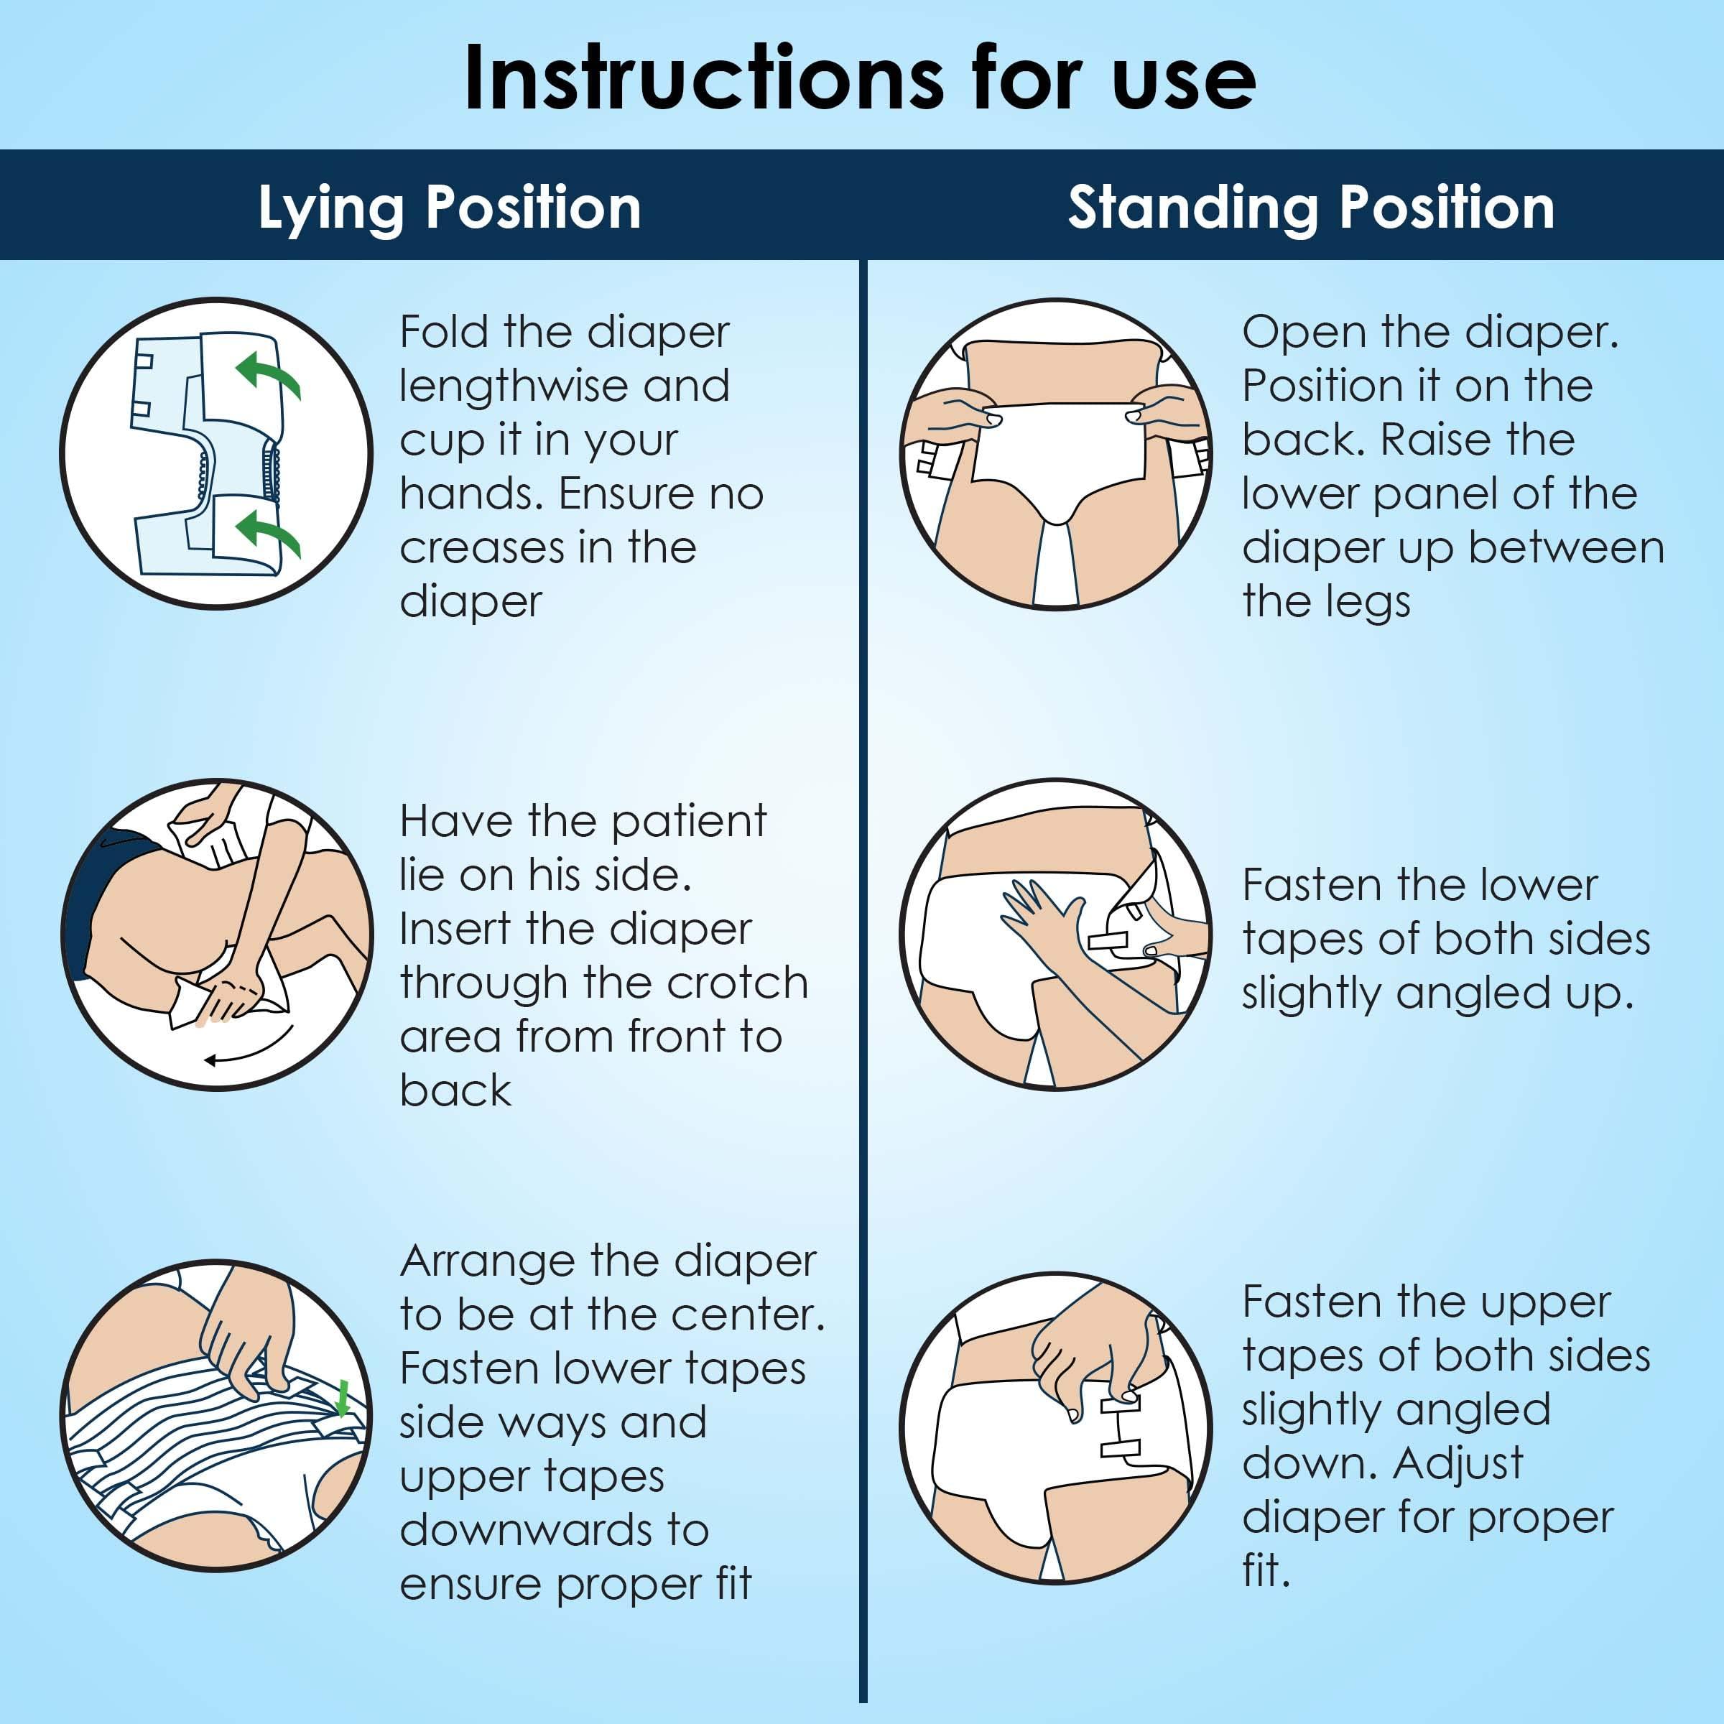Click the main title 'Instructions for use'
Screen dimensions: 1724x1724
coord(861,78)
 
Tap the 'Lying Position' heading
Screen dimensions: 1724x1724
coord(450,208)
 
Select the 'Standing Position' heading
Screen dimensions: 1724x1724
coord(1311,208)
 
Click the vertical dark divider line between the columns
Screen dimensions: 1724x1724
coord(863,981)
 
